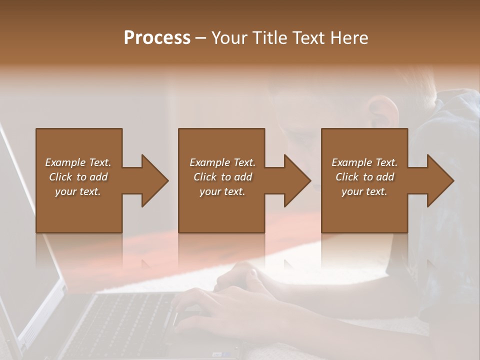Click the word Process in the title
tap(157, 38)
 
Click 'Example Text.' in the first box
tap(78, 162)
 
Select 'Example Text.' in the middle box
tap(222, 162)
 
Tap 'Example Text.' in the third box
tap(364, 162)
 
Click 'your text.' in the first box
tap(78, 191)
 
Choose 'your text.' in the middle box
tap(222, 191)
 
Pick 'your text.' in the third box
tap(364, 191)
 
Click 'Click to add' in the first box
tap(78, 177)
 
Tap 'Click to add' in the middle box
tap(222, 177)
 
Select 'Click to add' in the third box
tap(364, 177)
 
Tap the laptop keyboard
tap(125, 320)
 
